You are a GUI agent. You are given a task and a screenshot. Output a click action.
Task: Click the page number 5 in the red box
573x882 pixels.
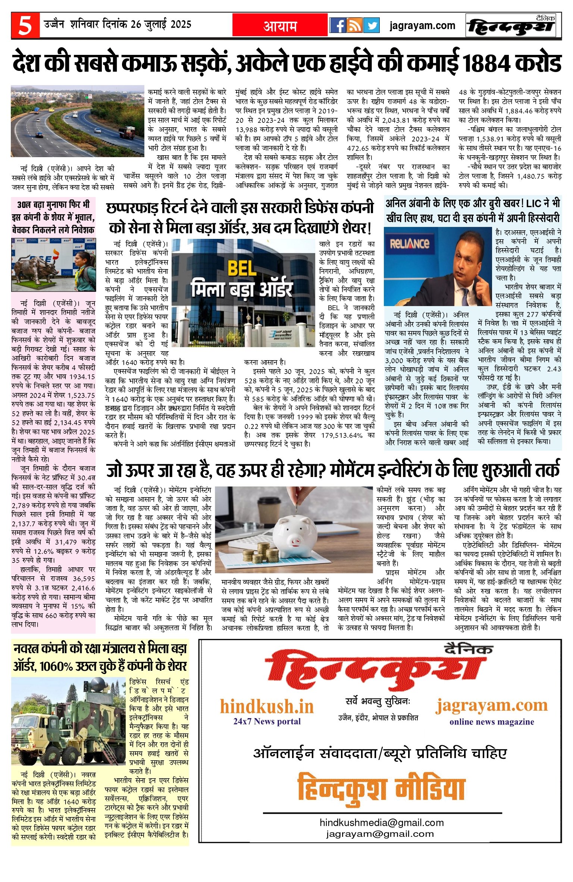tap(25, 25)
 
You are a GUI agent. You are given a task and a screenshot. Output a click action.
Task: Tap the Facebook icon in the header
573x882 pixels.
tap(338, 25)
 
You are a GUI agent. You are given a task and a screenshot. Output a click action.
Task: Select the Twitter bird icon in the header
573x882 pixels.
tap(371, 25)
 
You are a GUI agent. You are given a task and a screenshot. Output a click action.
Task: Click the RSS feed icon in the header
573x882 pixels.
tap(354, 25)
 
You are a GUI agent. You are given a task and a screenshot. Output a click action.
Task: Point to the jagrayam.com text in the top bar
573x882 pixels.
tap(422, 25)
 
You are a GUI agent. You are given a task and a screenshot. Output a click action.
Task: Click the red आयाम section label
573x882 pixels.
tap(280, 26)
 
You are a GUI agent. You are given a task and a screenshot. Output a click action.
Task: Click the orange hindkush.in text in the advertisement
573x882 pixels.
tap(267, 706)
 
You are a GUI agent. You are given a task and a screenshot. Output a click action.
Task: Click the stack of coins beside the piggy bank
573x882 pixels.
tap(261, 552)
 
